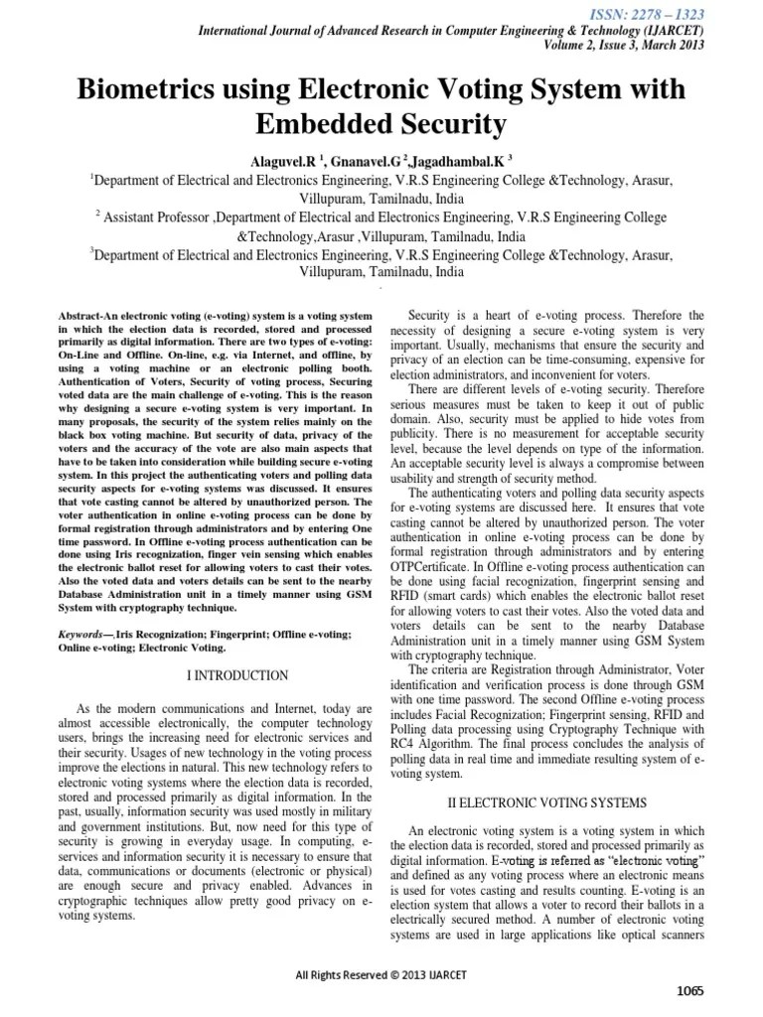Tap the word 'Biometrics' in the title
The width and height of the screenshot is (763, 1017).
(154, 90)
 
